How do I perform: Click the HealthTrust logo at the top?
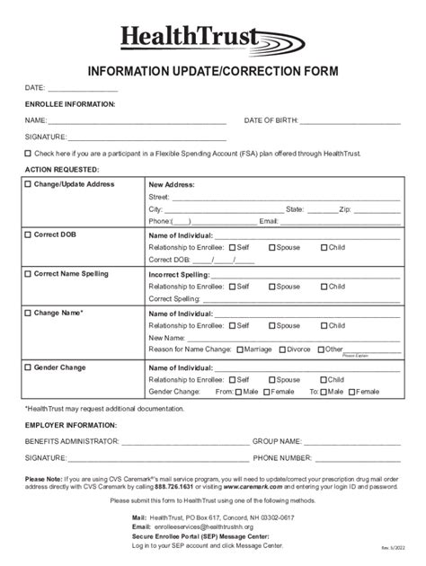(211, 40)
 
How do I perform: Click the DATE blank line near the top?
(83, 88)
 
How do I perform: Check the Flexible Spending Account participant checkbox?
(28, 154)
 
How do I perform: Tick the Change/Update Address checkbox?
(28, 184)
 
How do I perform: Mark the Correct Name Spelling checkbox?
(28, 273)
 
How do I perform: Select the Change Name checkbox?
(28, 313)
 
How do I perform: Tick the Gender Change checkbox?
(28, 367)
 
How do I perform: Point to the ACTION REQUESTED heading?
(62, 169)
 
